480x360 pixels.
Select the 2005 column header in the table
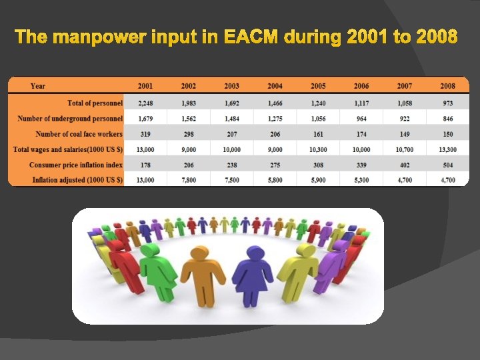tap(317, 86)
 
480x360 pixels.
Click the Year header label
tap(38, 86)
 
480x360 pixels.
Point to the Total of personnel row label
tap(95, 103)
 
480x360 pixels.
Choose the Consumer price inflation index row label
tap(76, 165)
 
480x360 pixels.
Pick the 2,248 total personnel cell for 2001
tap(145, 103)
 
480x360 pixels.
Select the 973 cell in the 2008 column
tap(447, 103)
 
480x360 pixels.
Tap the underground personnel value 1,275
tap(275, 119)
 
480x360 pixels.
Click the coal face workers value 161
tap(317, 134)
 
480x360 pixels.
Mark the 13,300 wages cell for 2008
tap(447, 149)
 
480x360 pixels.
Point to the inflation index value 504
tap(447, 165)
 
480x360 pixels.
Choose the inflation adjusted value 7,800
tap(189, 180)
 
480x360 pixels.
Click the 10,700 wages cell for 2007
tap(404, 149)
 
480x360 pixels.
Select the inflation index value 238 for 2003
tap(231, 165)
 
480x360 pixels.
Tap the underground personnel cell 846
tap(447, 119)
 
